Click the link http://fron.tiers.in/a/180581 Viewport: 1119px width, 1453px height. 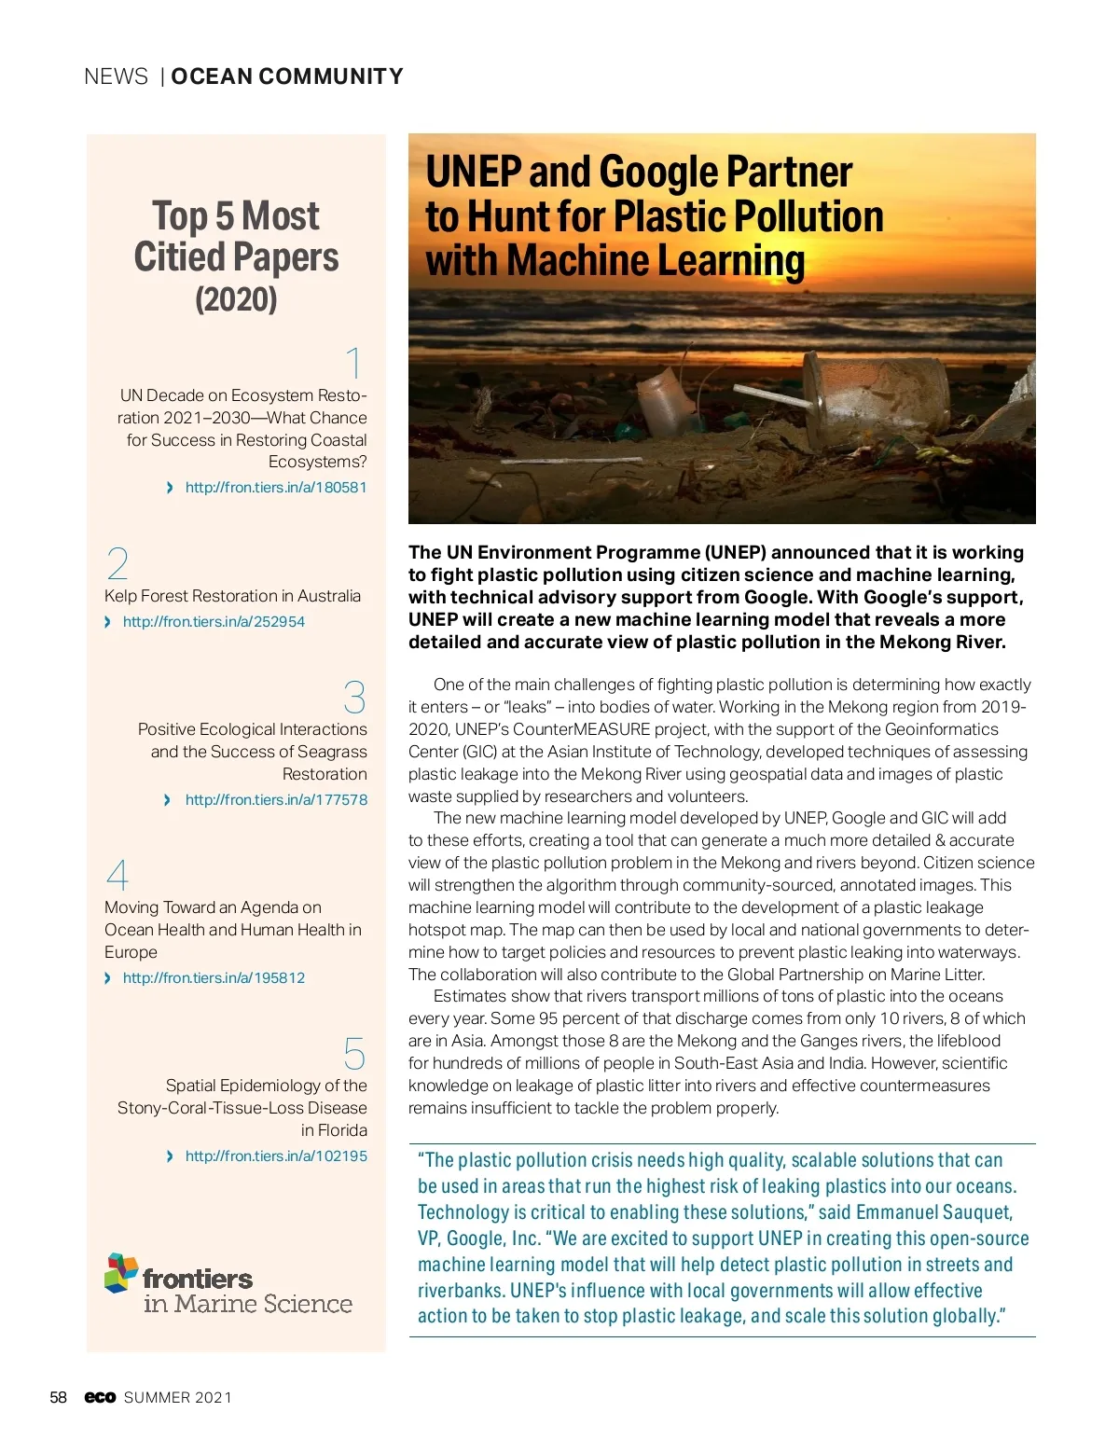[x=275, y=488]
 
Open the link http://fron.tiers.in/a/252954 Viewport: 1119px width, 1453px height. [x=214, y=622]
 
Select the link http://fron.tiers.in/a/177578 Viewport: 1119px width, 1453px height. [x=276, y=800]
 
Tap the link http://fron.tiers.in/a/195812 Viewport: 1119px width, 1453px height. [x=214, y=978]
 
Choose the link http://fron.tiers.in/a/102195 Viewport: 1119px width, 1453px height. [x=276, y=1156]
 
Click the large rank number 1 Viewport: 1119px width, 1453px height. [x=353, y=364]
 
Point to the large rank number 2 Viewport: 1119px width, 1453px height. [x=117, y=564]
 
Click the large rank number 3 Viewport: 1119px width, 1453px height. [x=354, y=698]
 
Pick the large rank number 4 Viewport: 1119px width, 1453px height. [x=117, y=876]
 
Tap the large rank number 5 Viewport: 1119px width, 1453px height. [x=354, y=1054]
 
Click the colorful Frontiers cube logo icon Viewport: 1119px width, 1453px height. [x=121, y=1273]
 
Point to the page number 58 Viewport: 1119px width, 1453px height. [x=58, y=1397]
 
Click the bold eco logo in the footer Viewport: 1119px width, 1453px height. [x=100, y=1397]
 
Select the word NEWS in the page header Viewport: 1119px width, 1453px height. [x=116, y=76]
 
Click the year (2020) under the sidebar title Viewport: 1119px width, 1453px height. [x=236, y=299]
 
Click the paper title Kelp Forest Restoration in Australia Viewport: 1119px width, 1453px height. [x=232, y=596]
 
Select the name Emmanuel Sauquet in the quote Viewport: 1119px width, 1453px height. [x=933, y=1212]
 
